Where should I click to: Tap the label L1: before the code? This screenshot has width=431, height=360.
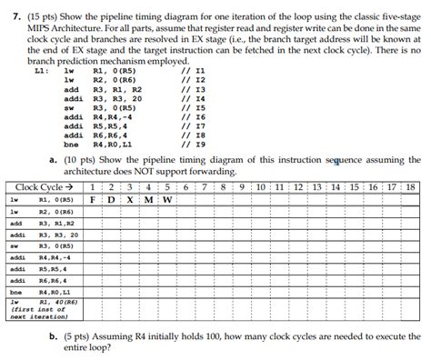[40, 69]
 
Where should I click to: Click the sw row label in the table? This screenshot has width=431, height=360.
[15, 246]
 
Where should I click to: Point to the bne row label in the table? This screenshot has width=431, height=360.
[15, 293]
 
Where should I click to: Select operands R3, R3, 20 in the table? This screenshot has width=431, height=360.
[58, 235]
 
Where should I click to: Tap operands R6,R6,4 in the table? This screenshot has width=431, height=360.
[54, 281]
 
